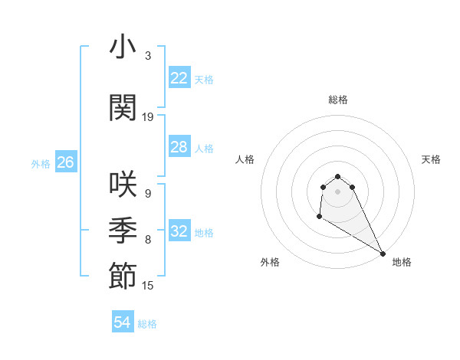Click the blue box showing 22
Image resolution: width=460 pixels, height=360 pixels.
tap(179, 78)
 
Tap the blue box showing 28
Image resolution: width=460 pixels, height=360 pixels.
tap(179, 147)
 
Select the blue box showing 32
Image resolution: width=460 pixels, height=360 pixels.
tap(179, 232)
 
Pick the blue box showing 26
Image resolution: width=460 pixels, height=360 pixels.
tap(65, 162)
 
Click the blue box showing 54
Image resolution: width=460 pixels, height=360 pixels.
tap(123, 323)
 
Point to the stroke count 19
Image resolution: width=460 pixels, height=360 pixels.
tap(148, 117)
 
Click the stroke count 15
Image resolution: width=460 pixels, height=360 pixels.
tap(148, 286)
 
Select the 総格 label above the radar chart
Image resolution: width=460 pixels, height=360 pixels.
tap(338, 100)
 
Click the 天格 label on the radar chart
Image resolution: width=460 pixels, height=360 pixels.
tap(431, 159)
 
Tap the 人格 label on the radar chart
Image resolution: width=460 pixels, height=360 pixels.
tap(245, 159)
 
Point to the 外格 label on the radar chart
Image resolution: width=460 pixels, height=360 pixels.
tap(270, 262)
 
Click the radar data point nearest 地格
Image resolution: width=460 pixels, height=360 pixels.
tap(383, 254)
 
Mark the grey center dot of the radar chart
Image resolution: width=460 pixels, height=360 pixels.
tap(338, 191)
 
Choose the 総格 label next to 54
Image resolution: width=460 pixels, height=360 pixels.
tap(147, 324)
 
